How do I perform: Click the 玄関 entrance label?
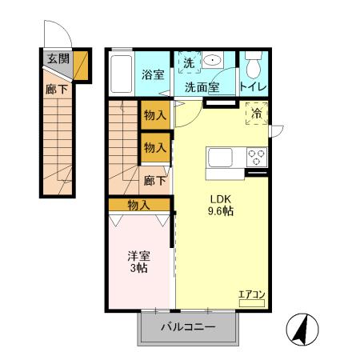(x=57, y=58)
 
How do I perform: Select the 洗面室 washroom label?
(x=204, y=86)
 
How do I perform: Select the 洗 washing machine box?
(x=189, y=62)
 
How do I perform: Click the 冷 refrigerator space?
(x=258, y=114)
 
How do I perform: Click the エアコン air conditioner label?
(x=251, y=295)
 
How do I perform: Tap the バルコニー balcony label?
(x=188, y=326)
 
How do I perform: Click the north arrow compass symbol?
(x=303, y=328)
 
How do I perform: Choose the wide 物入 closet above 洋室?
(x=139, y=206)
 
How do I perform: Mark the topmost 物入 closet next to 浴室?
(x=154, y=115)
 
